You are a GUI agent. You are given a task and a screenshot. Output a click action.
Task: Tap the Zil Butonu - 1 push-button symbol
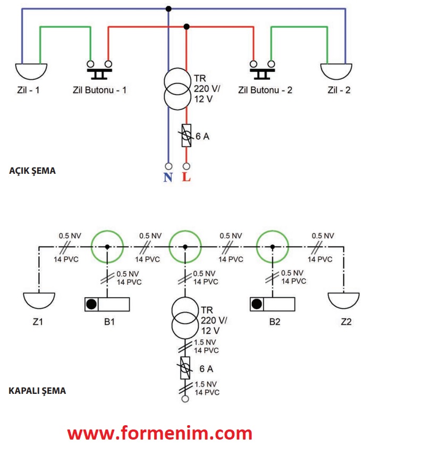tap(99, 66)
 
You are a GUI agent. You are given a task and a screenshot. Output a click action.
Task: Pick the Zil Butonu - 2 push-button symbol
tap(263, 66)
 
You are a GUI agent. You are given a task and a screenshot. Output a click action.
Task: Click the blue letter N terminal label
tap(168, 177)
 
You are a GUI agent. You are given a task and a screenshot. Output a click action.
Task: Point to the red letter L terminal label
tap(186, 177)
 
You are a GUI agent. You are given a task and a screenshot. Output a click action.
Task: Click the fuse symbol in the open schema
tap(186, 136)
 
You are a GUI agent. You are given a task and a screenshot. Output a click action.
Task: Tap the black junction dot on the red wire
tap(186, 27)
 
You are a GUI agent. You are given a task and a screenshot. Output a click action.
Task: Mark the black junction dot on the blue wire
tap(168, 9)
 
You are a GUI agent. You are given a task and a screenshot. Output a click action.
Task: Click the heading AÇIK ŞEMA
tap(32, 171)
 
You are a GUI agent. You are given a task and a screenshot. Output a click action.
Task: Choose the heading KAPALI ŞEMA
tap(37, 391)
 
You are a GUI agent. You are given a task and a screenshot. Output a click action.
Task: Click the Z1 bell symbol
tap(39, 300)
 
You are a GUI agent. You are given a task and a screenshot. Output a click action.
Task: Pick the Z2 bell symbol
tap(343, 300)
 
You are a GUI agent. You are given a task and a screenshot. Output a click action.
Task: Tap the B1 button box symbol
tap(107, 305)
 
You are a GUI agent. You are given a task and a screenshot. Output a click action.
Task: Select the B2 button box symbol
tap(273, 305)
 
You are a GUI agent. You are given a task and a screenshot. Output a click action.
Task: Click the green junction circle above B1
tap(107, 247)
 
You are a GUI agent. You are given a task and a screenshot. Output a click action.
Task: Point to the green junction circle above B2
tap(273, 247)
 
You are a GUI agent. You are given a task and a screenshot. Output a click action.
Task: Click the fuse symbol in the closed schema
tap(185, 368)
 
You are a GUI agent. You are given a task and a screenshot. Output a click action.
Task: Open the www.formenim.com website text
tap(159, 433)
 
